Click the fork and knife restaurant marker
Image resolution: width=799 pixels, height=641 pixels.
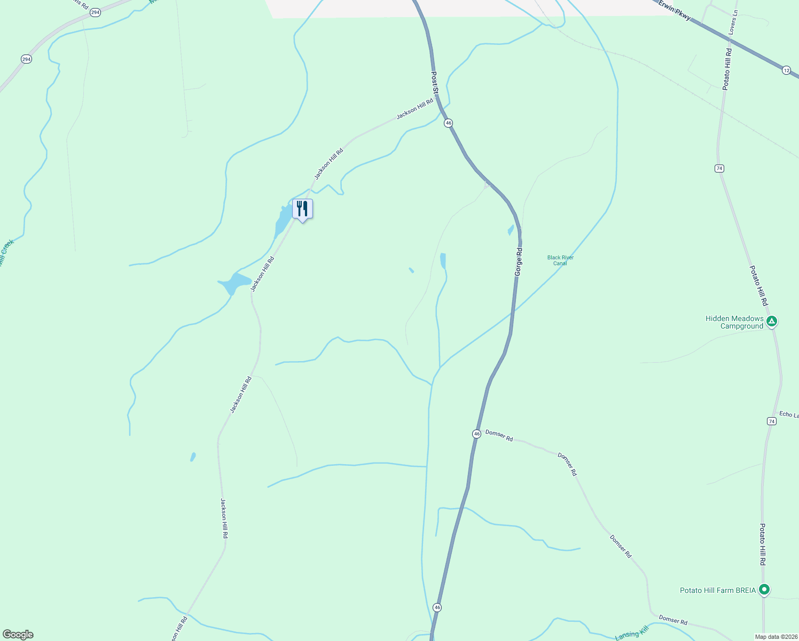[302, 209]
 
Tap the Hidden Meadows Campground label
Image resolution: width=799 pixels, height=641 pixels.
[734, 322]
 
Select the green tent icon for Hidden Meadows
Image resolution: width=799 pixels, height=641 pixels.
[771, 322]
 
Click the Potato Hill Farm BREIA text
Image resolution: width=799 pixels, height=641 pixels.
[718, 590]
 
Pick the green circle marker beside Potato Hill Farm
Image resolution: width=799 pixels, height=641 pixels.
[764, 590]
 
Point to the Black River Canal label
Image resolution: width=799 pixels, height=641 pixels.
[560, 260]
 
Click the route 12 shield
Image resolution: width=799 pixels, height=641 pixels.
[786, 71]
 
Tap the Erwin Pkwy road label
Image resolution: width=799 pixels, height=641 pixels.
[675, 11]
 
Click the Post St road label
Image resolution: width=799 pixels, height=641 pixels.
[435, 83]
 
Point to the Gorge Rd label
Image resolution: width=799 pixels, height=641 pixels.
[518, 261]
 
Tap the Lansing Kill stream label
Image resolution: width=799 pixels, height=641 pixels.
[631, 633]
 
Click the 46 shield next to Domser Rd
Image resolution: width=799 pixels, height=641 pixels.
[476, 434]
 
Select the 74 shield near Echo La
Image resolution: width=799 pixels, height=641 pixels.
[771, 421]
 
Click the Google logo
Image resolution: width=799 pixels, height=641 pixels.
[18, 635]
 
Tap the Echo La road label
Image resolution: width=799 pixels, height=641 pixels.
[789, 415]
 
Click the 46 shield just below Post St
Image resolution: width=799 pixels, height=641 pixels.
[448, 123]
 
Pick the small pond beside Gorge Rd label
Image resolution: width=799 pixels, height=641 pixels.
[511, 230]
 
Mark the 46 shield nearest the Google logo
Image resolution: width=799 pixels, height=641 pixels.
[437, 607]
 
